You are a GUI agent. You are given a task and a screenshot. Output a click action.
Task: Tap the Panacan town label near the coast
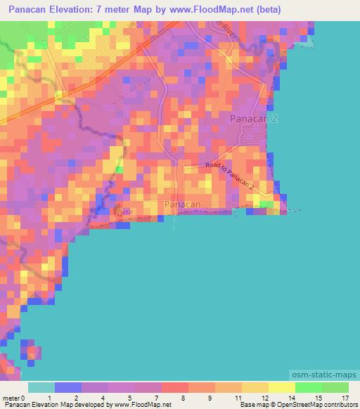coord(183,204)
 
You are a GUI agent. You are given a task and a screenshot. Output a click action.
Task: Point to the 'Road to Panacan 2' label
coord(229,175)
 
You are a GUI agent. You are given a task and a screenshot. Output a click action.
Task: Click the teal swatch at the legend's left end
coord(41,387)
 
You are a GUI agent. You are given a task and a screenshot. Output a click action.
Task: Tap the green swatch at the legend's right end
coord(335,387)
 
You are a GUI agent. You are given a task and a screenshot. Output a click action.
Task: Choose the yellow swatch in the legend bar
coord(282,387)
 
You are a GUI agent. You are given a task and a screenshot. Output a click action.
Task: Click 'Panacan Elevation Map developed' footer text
coord(53,405)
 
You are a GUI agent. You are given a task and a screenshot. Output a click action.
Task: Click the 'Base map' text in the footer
coord(252,405)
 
